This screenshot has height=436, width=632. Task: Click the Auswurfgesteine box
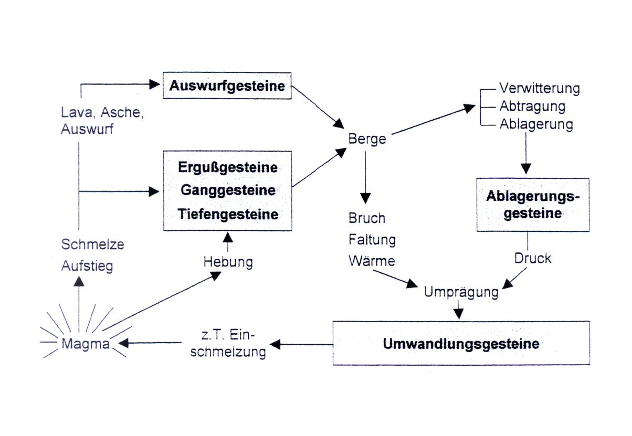coord(227,85)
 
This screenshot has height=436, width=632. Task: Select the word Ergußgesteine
coord(228,168)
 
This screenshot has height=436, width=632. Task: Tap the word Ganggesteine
coord(228,190)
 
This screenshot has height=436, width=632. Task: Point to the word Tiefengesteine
coord(228,214)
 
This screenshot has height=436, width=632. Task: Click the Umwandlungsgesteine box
coord(461,344)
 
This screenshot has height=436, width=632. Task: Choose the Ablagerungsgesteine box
coord(532,205)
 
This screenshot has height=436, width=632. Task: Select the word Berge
coord(367,139)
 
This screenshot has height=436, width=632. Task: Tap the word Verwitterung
coord(539,88)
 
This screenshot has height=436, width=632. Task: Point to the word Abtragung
coord(532,107)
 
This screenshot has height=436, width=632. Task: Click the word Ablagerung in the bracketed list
coord(535,125)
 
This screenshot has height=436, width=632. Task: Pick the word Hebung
coord(228,262)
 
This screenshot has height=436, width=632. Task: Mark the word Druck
coord(532,258)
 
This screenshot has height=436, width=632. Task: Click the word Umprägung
coord(460,292)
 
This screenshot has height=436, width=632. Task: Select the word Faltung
coord(372,240)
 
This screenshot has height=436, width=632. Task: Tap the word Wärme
coord(372,260)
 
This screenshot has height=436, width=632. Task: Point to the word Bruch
coord(367,218)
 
